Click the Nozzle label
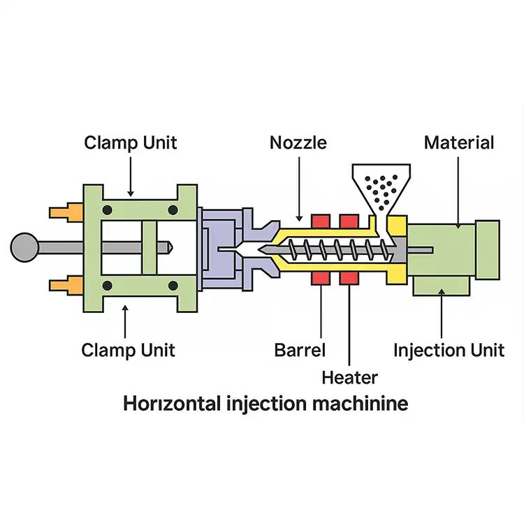298,143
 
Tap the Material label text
459,143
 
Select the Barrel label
300,349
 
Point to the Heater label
349,378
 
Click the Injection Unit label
449,349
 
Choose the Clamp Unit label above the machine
131,143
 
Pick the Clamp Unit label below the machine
128,349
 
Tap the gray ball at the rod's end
25,247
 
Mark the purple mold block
224,248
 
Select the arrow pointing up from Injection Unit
442,314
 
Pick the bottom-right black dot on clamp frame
173,285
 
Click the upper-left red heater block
321,221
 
